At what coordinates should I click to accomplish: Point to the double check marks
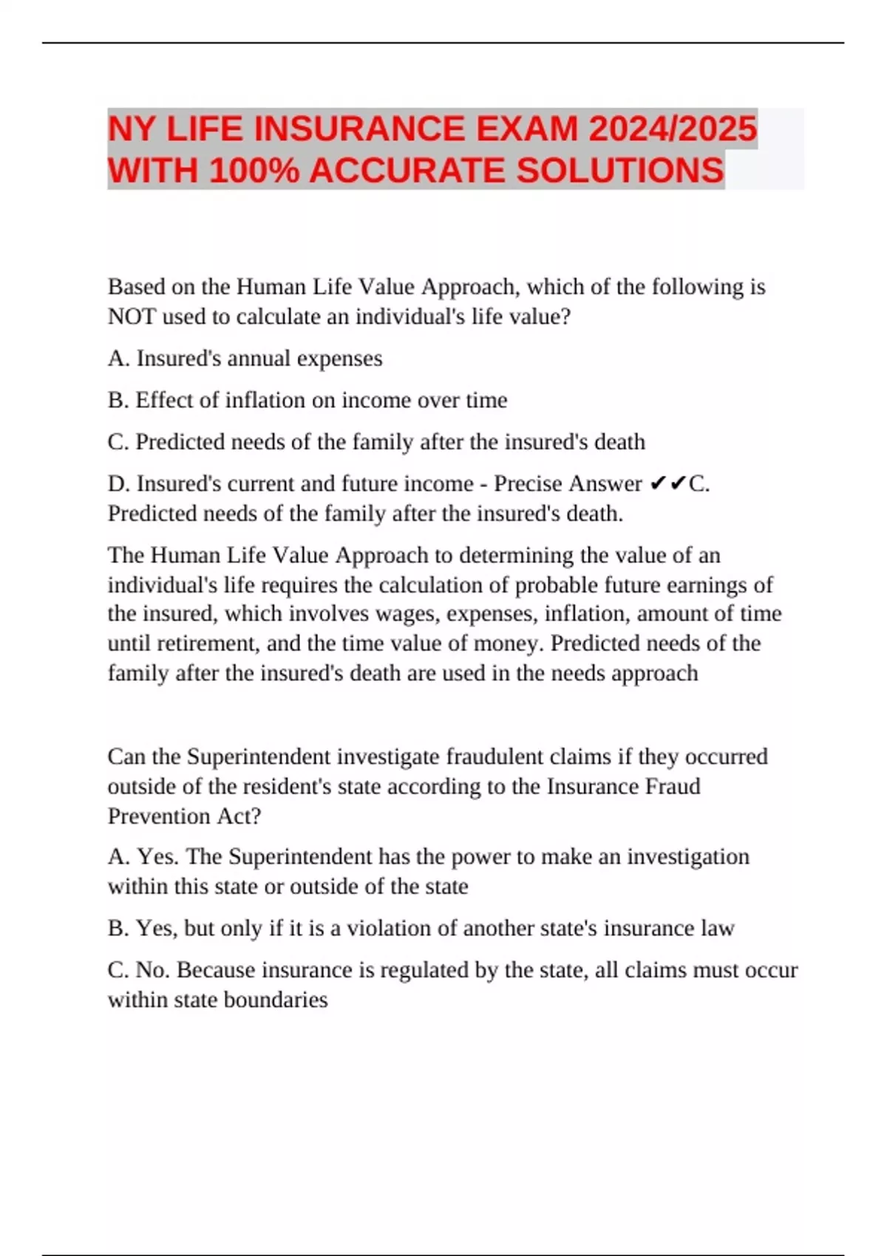(x=667, y=484)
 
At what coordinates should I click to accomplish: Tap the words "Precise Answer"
(x=568, y=484)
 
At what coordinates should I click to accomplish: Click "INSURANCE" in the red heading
(x=358, y=129)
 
